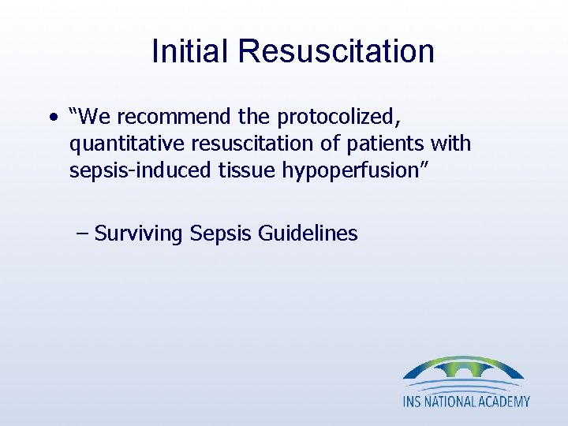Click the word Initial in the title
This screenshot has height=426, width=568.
(x=192, y=51)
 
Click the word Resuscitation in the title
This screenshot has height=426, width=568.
(x=337, y=51)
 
